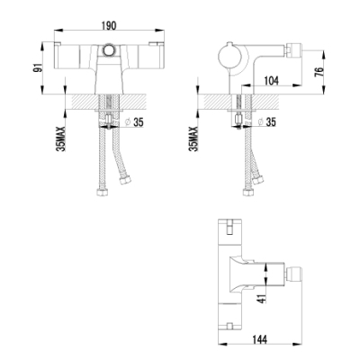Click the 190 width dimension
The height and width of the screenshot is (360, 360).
109,26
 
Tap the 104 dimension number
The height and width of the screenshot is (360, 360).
271,80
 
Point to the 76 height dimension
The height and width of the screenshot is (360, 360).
319,72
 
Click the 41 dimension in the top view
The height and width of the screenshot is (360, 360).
262,297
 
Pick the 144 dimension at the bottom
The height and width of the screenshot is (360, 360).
258,339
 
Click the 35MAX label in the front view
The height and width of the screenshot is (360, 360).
61,139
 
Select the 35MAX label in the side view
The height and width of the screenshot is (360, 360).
193,139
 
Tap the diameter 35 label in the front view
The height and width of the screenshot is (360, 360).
134,122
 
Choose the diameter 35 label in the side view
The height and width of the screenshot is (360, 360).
266,121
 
